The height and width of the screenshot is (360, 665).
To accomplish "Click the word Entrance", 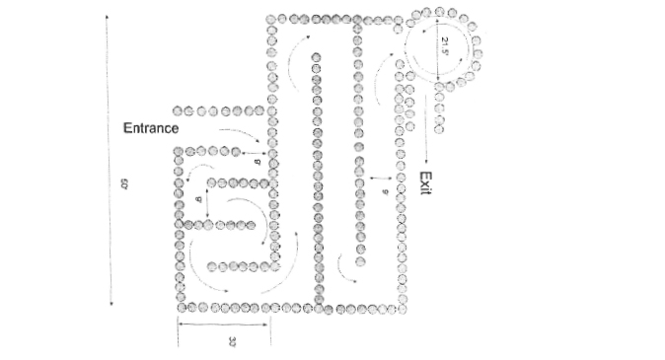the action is click(x=150, y=128).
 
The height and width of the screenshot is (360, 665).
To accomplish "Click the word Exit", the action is click(x=425, y=183).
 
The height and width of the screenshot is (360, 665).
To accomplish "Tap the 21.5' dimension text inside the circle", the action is click(x=445, y=44).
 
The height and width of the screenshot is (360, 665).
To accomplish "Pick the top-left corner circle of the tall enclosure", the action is click(x=270, y=20).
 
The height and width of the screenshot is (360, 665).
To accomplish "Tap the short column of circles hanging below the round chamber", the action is click(x=439, y=108).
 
